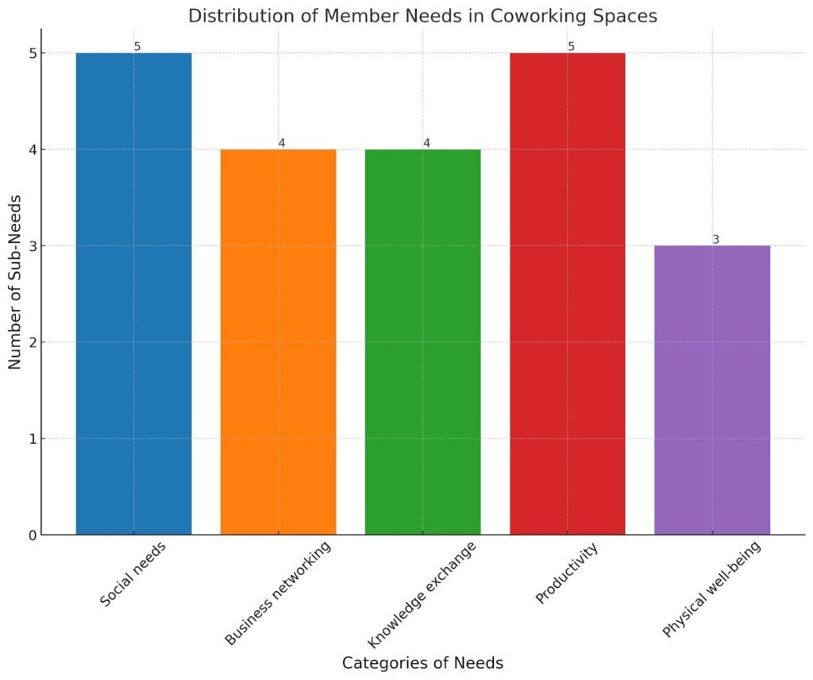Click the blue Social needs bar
[x=133, y=294]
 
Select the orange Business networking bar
[x=278, y=342]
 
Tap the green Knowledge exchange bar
[x=422, y=342]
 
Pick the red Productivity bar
[x=567, y=294]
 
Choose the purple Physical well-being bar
[x=712, y=390]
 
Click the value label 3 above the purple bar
[x=715, y=239]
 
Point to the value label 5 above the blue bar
[x=137, y=47]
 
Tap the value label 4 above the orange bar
[x=281, y=143]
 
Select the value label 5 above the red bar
[x=571, y=47]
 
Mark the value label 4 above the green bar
[x=426, y=143]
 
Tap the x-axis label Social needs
[x=133, y=574]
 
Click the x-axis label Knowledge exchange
[x=422, y=594]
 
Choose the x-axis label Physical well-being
[x=711, y=588]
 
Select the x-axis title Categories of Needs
[x=422, y=663]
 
